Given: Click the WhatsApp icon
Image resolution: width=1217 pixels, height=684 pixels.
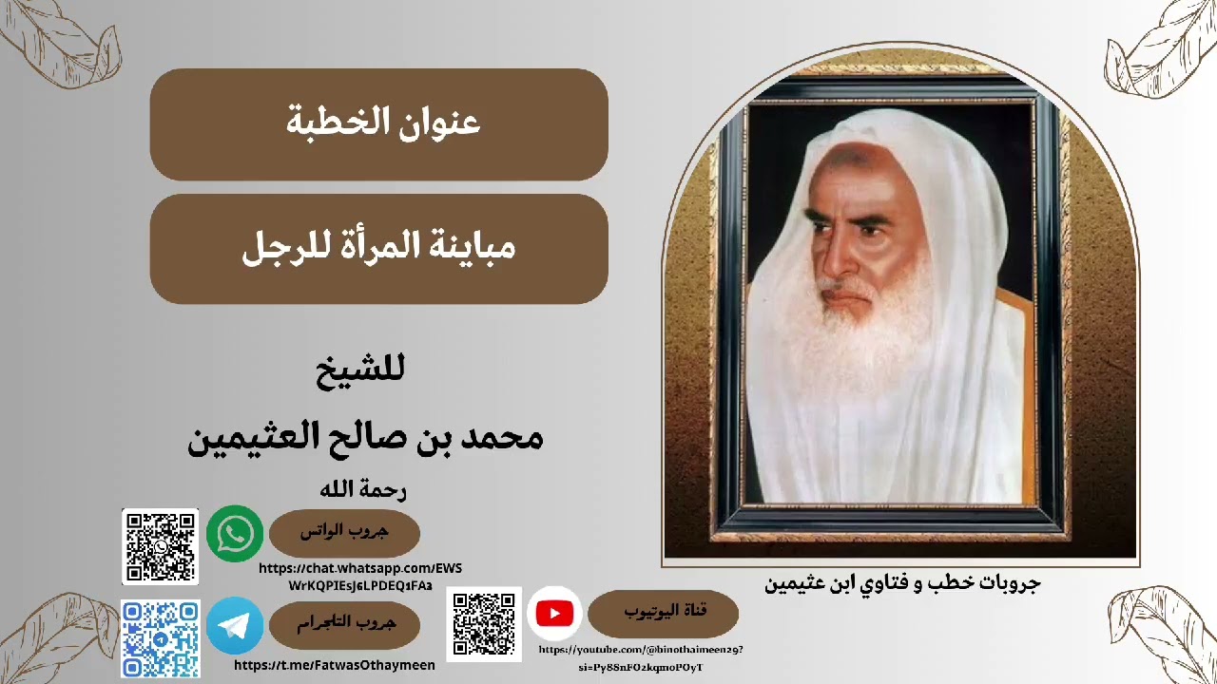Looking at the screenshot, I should (235, 534).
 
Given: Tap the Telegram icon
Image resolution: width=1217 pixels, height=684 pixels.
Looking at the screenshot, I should (235, 624).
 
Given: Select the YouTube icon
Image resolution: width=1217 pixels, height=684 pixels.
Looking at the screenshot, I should (554, 614).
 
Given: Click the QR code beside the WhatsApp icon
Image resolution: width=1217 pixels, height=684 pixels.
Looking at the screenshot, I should (160, 546).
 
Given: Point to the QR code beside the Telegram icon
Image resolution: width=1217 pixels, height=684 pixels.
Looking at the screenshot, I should (160, 638).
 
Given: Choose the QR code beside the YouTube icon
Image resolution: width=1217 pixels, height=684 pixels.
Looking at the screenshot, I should (484, 624).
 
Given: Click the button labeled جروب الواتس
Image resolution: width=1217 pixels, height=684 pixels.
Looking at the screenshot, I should (344, 533).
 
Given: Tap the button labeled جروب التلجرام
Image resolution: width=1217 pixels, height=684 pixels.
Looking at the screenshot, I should (344, 624).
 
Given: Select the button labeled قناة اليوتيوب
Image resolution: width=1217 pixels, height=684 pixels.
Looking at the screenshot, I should (663, 614).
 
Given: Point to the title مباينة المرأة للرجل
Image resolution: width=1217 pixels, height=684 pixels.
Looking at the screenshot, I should (379, 249).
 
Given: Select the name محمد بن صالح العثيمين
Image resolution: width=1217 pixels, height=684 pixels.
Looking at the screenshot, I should (366, 437).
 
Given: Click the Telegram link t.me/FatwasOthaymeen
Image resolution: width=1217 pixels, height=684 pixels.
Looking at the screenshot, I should (335, 666).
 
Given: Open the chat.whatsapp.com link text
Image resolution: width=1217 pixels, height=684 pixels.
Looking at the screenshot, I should (360, 577).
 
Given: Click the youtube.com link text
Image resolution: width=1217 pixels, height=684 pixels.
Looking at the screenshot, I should (641, 658).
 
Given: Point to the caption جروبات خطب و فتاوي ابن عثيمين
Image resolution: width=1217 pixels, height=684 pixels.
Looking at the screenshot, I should (902, 583).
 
